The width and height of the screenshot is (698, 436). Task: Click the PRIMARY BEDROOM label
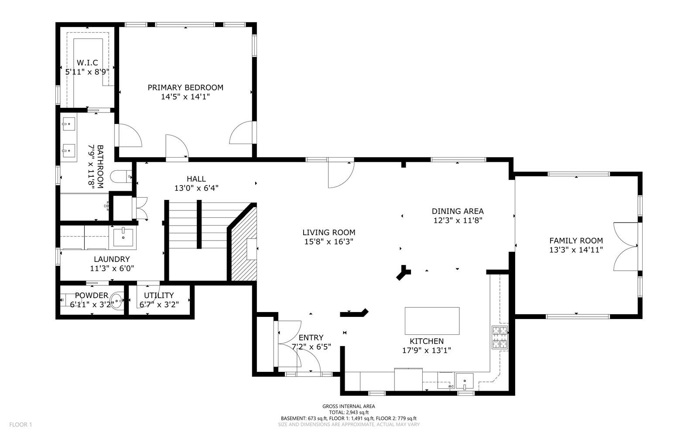coord(185,87)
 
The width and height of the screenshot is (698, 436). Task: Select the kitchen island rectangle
coord(432,320)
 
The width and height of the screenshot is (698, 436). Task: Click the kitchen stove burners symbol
coord(500,337)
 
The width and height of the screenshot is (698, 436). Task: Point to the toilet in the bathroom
coord(120,176)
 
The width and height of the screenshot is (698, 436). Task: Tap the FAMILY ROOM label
coord(576,240)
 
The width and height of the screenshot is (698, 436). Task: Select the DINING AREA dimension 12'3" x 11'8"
coord(457,221)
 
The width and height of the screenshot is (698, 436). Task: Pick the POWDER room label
coord(91,295)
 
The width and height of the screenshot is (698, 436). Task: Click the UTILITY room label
coord(159,295)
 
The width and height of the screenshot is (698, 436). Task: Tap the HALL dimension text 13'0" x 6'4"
coord(196,188)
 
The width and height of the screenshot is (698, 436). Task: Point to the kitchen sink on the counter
coord(464,381)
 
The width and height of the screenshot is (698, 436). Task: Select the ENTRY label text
coord(311,337)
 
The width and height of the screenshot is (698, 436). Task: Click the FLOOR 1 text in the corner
coord(21,424)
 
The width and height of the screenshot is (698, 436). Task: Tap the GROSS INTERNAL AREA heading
coord(348,406)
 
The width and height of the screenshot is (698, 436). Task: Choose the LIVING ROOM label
coord(328,232)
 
